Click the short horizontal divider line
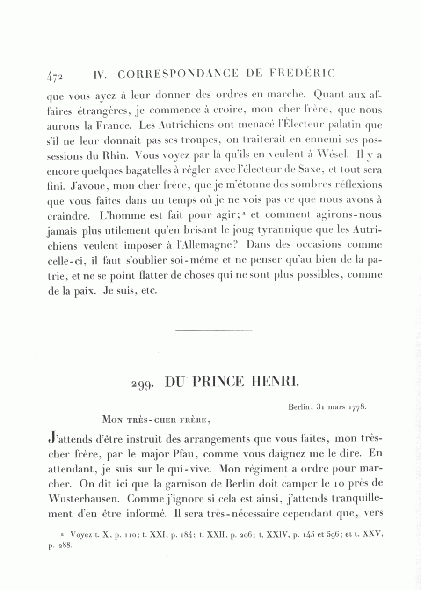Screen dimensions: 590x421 pyautogui.click(x=213, y=330)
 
